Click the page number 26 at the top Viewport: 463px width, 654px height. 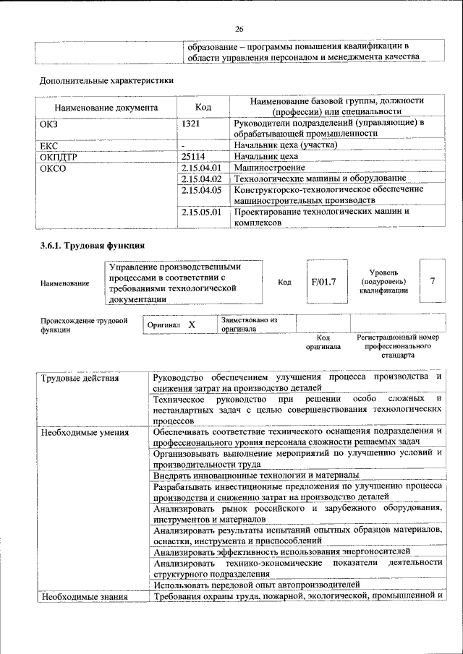click(238, 30)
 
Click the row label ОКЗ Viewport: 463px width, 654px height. click(49, 124)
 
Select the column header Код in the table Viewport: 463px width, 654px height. click(203, 107)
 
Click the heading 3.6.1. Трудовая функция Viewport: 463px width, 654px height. click(93, 245)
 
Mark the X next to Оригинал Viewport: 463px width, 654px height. click(192, 325)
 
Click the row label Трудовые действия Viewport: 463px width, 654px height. click(80, 378)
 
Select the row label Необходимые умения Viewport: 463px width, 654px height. click(85, 433)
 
